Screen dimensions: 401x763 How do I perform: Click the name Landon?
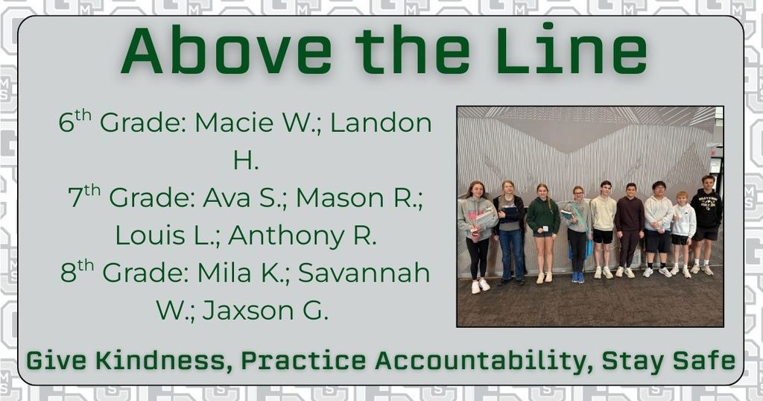click(381, 123)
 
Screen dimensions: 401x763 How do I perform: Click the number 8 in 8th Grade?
click(69, 274)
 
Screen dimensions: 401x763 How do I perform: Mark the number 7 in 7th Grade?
click(75, 199)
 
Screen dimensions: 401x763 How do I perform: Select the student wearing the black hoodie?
click(706, 212)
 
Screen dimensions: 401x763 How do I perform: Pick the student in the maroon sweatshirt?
click(630, 216)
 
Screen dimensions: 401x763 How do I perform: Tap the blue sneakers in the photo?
click(577, 277)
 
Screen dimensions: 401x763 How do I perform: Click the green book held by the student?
click(567, 214)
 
